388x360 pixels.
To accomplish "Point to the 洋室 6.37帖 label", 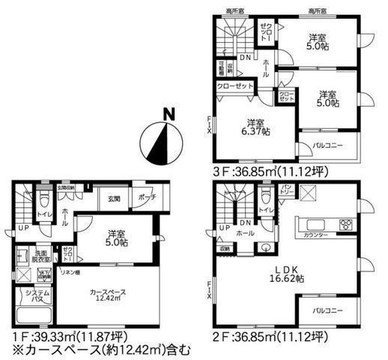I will pos(255,127).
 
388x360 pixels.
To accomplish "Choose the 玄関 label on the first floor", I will pos(113,198).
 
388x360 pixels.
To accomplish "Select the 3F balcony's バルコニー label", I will pos(327,146).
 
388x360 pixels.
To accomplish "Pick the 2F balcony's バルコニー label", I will pos(327,309).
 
